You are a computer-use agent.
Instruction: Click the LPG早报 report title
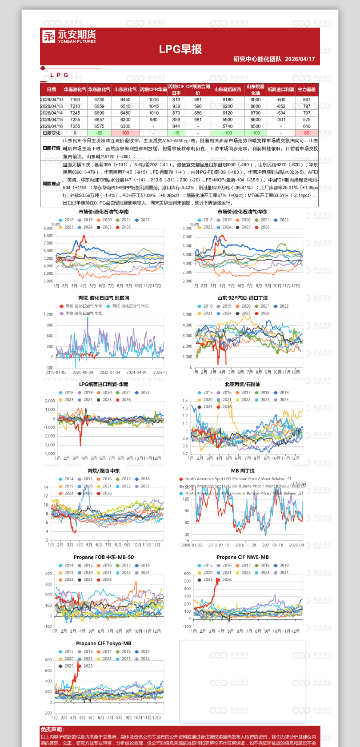pyautogui.click(x=180, y=49)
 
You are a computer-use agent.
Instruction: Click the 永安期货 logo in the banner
pyautogui.click(x=69, y=36)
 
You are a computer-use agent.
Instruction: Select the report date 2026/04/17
pyautogui.click(x=300, y=59)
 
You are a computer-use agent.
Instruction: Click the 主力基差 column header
pyautogui.click(x=306, y=89)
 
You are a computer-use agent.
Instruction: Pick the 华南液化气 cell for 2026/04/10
pyautogui.click(x=75, y=100)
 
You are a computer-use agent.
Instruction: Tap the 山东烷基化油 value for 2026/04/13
pyautogui.click(x=255, y=106)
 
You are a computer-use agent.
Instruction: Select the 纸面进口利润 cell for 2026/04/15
pyautogui.click(x=280, y=120)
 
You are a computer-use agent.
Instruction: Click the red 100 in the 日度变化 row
pyautogui.click(x=125, y=133)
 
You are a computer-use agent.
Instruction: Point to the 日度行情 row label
pyautogui.click(x=52, y=148)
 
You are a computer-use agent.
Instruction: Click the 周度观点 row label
pyautogui.click(x=52, y=183)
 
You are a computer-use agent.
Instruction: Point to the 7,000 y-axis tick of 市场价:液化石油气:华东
pyautogui.click(x=187, y=237)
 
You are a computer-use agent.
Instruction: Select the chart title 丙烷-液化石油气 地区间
pyautogui.click(x=104, y=298)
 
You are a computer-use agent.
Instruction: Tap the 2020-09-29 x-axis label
pyautogui.click(x=83, y=373)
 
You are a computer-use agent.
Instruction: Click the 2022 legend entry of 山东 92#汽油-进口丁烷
pyautogui.click(x=281, y=306)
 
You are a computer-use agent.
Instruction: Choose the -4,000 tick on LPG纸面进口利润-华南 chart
pyautogui.click(x=49, y=454)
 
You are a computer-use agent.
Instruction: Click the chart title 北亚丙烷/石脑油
pyautogui.click(x=242, y=385)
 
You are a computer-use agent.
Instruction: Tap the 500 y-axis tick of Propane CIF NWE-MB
pyautogui.click(x=187, y=581)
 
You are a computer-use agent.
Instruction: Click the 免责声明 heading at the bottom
pyautogui.click(x=52, y=729)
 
